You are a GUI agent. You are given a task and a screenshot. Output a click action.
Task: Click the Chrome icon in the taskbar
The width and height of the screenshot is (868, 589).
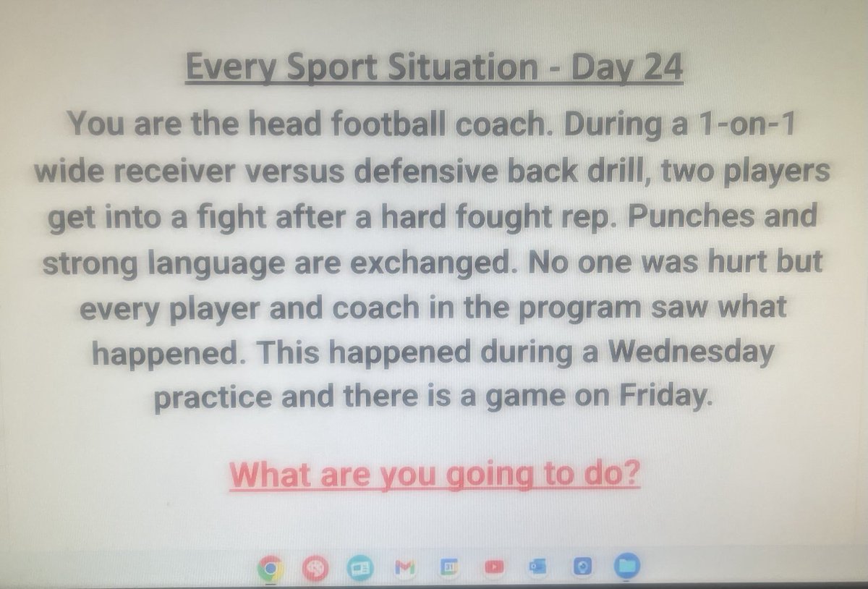[269, 568]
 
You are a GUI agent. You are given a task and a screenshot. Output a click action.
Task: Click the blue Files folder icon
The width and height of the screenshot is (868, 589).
[624, 568]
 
